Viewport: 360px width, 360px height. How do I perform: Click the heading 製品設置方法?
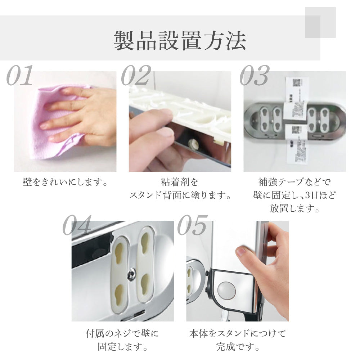point(180,41)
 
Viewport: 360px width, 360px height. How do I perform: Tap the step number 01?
point(20,76)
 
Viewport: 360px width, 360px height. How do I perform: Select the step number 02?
point(135,76)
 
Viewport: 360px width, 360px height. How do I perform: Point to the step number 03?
point(254,76)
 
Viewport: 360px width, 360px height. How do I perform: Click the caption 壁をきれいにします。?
point(65,182)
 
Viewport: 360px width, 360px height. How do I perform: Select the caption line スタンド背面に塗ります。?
point(180,195)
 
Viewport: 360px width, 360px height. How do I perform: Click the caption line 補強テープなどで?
point(294,182)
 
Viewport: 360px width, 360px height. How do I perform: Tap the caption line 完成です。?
point(237,347)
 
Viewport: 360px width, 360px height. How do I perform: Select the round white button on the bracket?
point(226,289)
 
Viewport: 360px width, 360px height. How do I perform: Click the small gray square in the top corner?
point(320,22)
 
